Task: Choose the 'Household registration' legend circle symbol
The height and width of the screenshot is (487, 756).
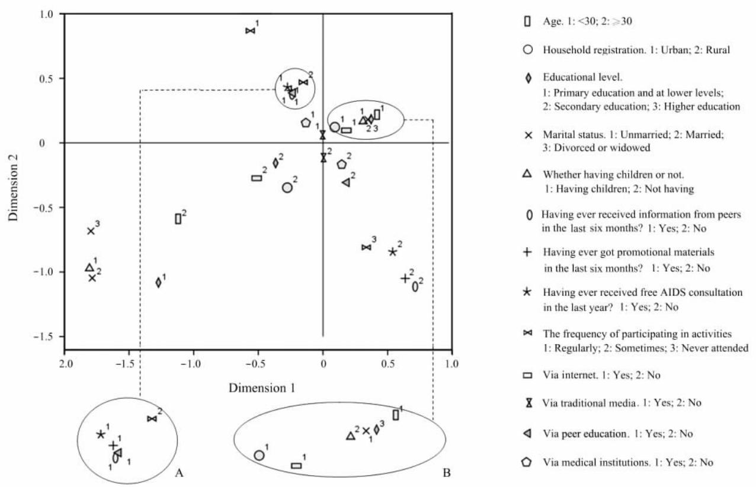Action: point(526,50)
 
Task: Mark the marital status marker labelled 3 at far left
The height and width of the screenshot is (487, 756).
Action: point(91,231)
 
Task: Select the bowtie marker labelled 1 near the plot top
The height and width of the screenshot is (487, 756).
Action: point(250,31)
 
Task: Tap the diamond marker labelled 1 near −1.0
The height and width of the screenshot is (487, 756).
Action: point(158,283)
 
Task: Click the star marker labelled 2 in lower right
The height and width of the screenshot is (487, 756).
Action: point(392,252)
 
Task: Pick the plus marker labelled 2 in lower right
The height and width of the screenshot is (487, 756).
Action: point(405,278)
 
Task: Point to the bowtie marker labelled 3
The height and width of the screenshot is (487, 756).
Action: point(366,247)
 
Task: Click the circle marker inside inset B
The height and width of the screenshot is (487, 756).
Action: point(259,456)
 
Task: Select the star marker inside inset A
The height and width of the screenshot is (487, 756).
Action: point(100,434)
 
